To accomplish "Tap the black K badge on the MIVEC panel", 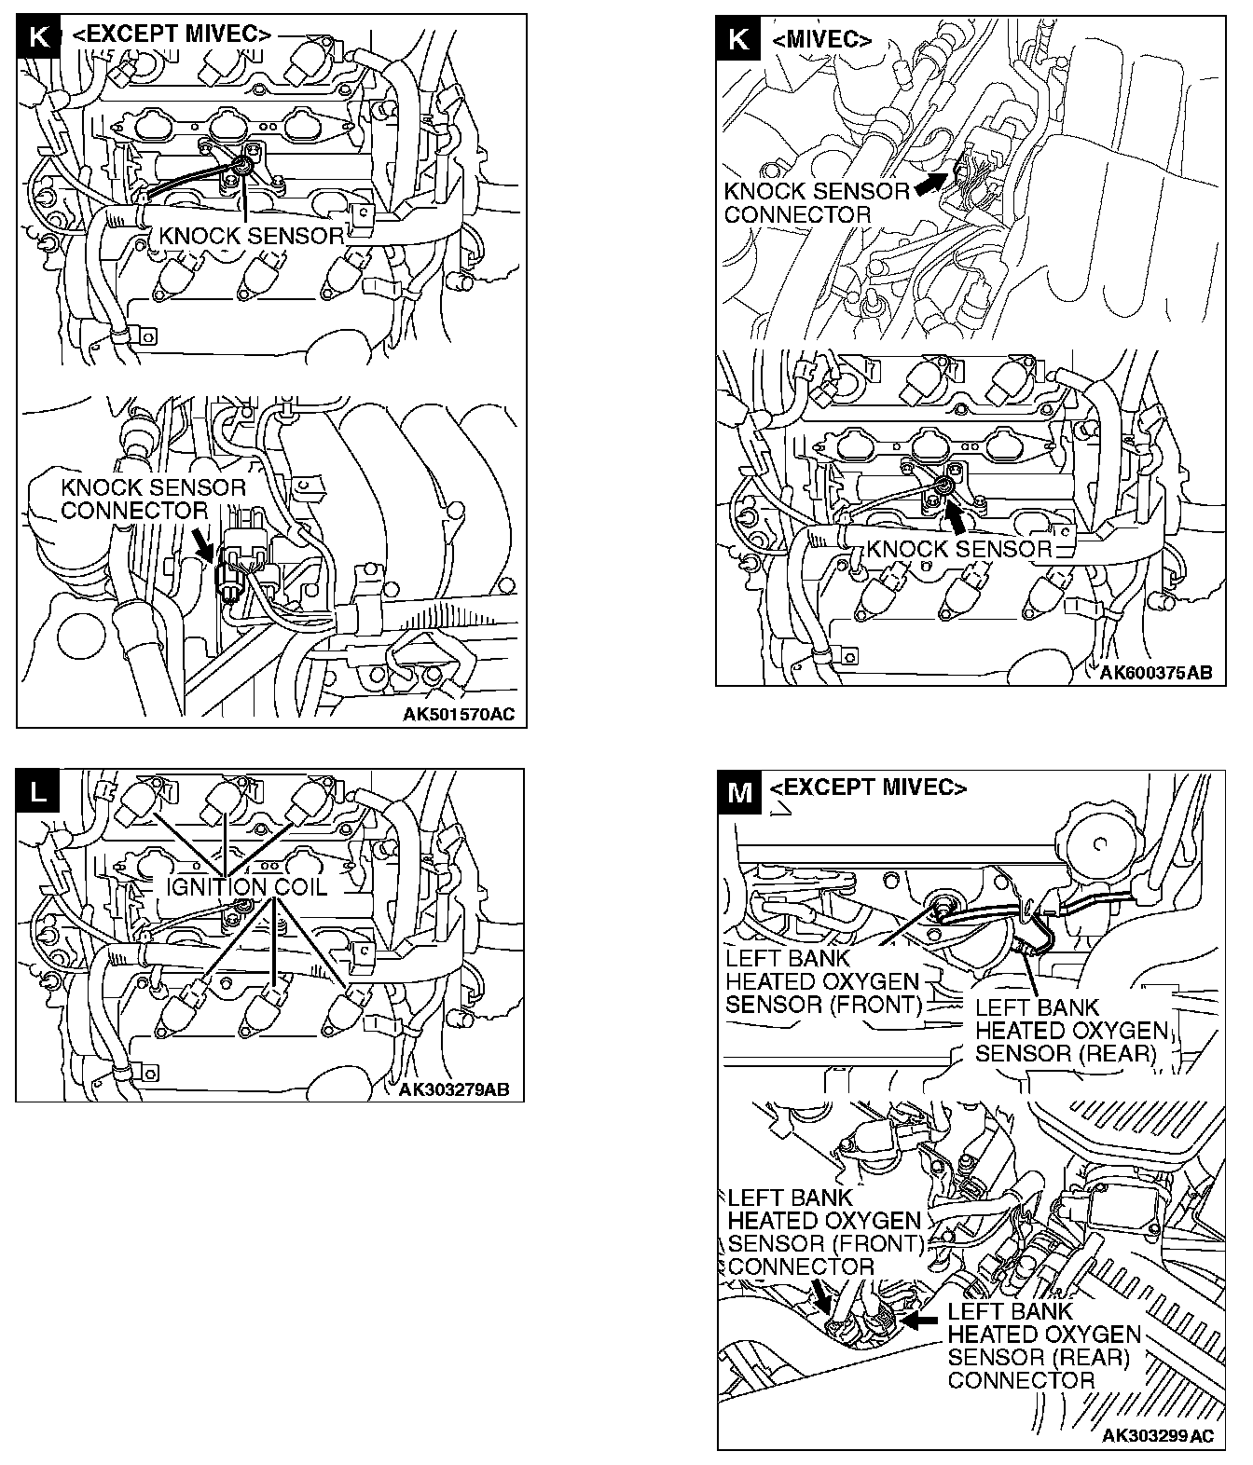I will (737, 39).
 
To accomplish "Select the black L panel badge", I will (38, 791).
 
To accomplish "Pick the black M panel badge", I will (739, 792).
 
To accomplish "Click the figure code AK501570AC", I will (458, 715).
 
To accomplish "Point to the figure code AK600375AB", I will (1156, 673).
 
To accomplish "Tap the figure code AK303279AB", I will (453, 1089).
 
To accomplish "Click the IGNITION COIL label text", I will (247, 886).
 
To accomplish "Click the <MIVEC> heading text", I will (822, 40).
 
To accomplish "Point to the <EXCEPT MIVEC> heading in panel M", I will (868, 787).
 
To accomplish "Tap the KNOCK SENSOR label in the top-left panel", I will (252, 236).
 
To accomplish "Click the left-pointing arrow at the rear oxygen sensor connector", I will (921, 1320).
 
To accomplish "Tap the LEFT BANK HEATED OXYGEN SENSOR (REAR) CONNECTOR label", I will (1043, 1345).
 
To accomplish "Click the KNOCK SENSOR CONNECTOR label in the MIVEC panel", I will (817, 203).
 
